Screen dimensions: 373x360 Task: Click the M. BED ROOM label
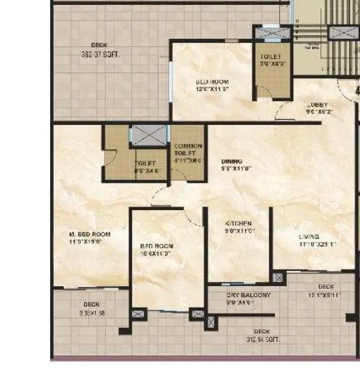point(90,235)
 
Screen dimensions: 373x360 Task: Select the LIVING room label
point(309,236)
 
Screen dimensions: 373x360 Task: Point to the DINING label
point(231,161)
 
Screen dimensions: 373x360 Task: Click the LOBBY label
point(317,105)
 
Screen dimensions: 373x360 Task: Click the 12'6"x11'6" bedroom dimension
point(212,90)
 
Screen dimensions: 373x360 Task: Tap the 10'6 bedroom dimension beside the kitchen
point(156,254)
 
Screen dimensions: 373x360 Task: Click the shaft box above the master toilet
point(148,136)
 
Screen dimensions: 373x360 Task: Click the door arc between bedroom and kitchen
point(194,217)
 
